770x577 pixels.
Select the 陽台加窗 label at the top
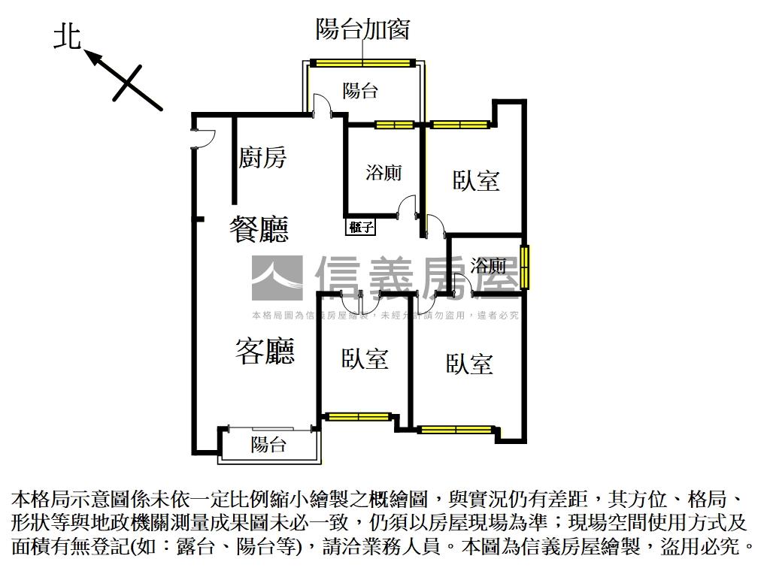click(362, 29)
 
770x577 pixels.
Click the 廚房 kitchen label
click(262, 158)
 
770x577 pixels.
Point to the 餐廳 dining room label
click(259, 228)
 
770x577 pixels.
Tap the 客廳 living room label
click(265, 351)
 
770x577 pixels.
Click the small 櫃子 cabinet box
click(361, 227)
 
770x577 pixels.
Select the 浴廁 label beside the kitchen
click(383, 173)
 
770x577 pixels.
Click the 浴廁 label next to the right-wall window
click(488, 265)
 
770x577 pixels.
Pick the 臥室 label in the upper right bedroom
click(476, 180)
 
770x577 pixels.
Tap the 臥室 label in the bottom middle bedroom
click(365, 359)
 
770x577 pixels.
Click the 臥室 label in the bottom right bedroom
click(469, 364)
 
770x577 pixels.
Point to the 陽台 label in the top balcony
click(360, 92)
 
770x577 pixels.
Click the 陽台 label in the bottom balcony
click(268, 445)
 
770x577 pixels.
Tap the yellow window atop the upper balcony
click(363, 62)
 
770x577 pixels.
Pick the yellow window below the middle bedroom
click(358, 416)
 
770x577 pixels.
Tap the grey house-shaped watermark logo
click(277, 278)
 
